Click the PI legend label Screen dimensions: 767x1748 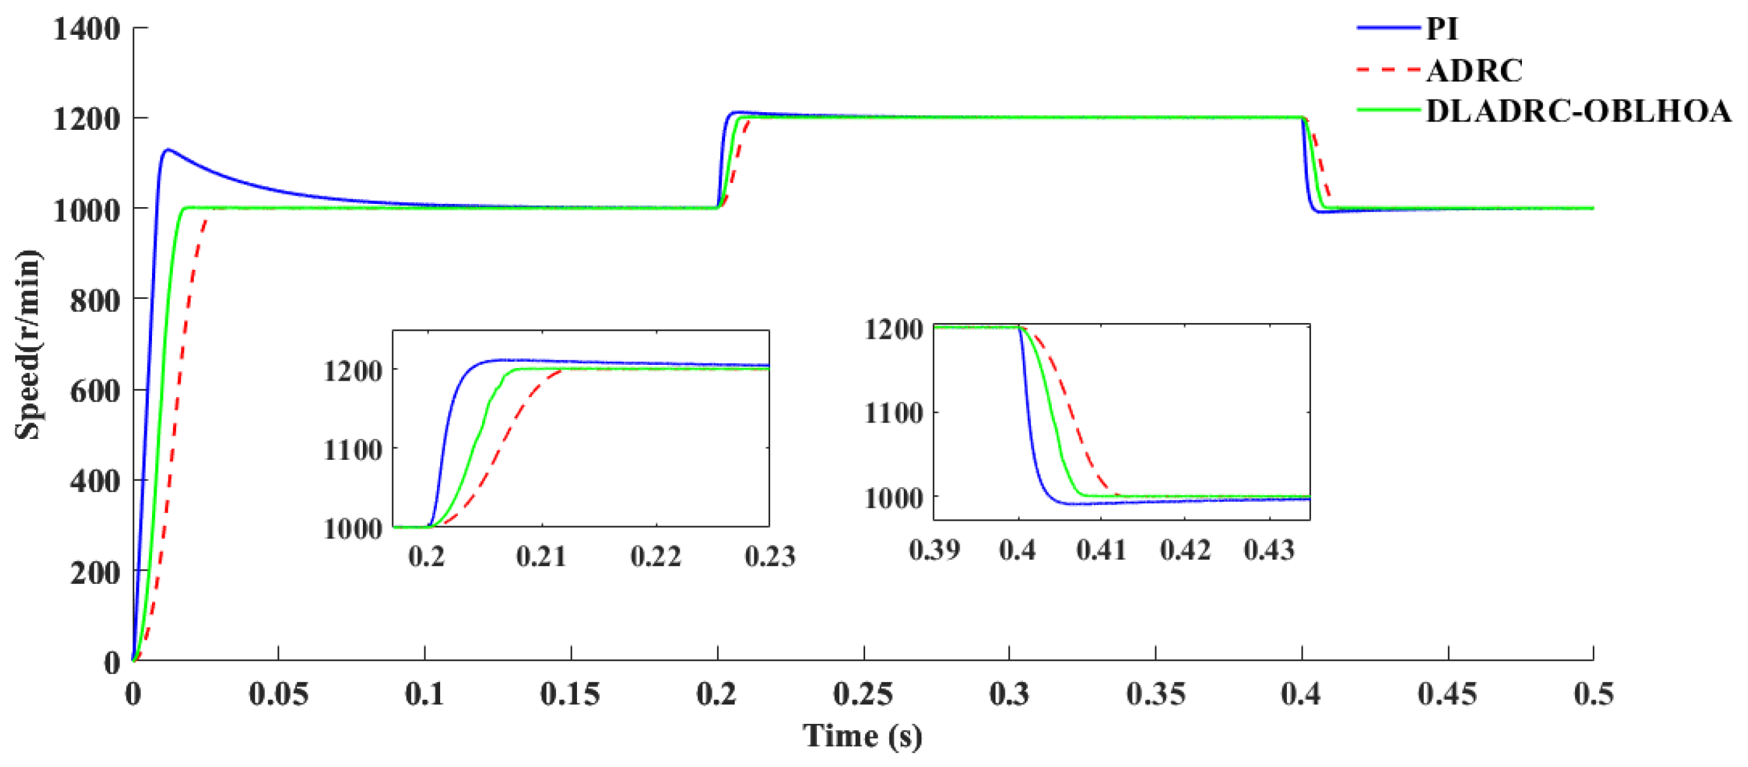(x=1441, y=29)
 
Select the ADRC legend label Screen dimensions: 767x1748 (x=1474, y=70)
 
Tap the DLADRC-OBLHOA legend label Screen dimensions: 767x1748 (x=1578, y=111)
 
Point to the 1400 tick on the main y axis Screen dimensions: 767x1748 (x=87, y=29)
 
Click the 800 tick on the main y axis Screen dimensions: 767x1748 (x=95, y=300)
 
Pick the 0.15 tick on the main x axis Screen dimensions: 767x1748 (x=570, y=694)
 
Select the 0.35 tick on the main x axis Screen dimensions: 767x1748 (x=1155, y=694)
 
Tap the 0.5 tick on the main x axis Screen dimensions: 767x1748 (x=1593, y=694)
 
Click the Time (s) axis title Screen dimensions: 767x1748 (x=862, y=737)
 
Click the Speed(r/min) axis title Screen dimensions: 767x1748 (x=28, y=345)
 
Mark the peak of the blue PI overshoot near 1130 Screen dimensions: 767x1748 (x=167, y=149)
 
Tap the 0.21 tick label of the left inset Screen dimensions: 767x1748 (x=541, y=557)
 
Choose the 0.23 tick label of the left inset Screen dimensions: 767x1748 (x=769, y=557)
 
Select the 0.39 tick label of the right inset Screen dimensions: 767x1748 (x=934, y=550)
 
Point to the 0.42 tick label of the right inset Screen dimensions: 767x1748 (x=1185, y=550)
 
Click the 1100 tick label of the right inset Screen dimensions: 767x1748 (x=894, y=413)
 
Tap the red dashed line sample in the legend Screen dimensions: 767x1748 (x=1388, y=70)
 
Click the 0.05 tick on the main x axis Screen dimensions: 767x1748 (x=278, y=694)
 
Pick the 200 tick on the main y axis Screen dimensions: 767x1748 (x=95, y=572)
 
